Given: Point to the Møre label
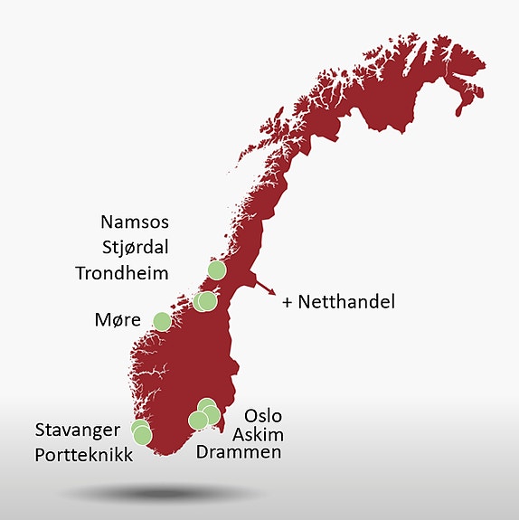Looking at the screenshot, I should coord(116,320).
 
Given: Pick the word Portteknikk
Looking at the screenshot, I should coord(84,454).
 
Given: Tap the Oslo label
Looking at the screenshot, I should coord(263,416).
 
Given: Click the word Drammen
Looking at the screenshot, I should coord(239,452).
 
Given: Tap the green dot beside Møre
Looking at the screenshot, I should coord(162,321).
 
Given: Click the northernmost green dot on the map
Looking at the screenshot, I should coord(217,269).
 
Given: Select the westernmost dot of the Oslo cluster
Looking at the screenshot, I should coord(197,420).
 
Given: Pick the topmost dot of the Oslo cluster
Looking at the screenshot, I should coord(206,406).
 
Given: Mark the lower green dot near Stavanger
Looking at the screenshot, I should coord(143,436).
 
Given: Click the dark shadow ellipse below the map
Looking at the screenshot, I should coord(163,494).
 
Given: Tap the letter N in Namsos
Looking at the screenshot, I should coord(109,222).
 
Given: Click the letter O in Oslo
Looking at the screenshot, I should coord(250,416).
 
